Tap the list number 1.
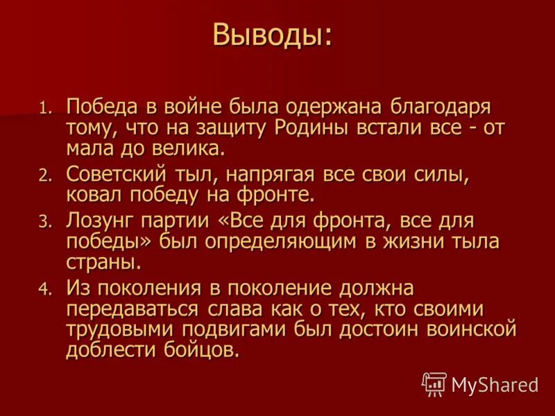[x=45, y=109]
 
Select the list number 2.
[x=45, y=175]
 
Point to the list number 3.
[x=45, y=223]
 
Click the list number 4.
[x=45, y=289]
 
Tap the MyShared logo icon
[x=434, y=383]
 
